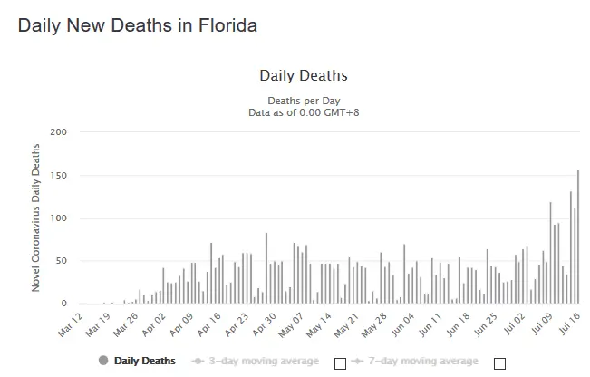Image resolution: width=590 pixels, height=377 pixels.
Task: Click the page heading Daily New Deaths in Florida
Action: [x=137, y=25]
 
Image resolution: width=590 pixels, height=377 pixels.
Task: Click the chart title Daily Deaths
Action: [x=303, y=75]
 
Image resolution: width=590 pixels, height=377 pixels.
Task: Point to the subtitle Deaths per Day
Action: [x=303, y=100]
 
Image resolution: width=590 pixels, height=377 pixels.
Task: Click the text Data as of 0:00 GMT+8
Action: [x=303, y=111]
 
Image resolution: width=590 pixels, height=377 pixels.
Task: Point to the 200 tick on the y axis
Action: [x=59, y=132]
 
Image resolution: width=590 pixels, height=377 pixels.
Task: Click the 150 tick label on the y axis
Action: [x=59, y=175]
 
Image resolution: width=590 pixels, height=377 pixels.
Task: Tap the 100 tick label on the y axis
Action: [x=59, y=218]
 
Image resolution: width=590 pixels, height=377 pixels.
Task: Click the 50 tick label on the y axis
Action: [x=62, y=261]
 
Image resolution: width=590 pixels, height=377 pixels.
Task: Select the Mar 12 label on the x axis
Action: [x=70, y=324]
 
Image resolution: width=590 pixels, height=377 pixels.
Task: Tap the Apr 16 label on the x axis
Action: [x=210, y=324]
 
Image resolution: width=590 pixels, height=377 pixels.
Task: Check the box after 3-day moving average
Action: [x=340, y=363]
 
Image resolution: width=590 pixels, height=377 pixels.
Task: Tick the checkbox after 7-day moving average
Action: [x=499, y=363]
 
